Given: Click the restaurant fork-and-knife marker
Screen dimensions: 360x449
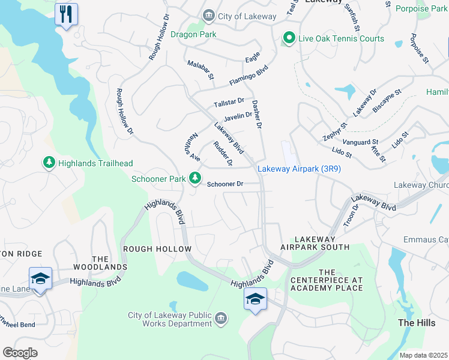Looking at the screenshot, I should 66,13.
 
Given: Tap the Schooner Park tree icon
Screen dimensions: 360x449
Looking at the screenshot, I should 194,178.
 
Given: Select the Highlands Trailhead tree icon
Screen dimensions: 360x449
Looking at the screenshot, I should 49,163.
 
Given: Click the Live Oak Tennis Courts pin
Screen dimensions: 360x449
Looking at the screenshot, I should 289,38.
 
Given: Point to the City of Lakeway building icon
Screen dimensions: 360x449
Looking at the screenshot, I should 208,16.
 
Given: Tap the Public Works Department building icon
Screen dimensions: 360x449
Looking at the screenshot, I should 220,317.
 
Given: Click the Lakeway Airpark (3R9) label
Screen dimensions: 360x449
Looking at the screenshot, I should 299,169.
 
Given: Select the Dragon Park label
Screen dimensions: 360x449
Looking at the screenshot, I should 193,35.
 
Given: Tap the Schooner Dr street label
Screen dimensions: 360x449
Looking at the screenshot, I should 225,184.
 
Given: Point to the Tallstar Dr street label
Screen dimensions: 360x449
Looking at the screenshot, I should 229,103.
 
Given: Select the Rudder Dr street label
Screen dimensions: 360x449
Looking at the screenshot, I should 223,154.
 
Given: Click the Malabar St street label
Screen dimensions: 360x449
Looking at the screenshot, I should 200,70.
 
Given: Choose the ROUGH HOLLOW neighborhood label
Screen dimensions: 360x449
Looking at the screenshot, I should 157,249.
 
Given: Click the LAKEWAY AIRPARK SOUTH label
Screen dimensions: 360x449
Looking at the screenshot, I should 315,243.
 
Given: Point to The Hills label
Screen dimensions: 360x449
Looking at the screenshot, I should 416,323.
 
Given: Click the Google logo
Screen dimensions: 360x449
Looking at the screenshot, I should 20,352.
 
